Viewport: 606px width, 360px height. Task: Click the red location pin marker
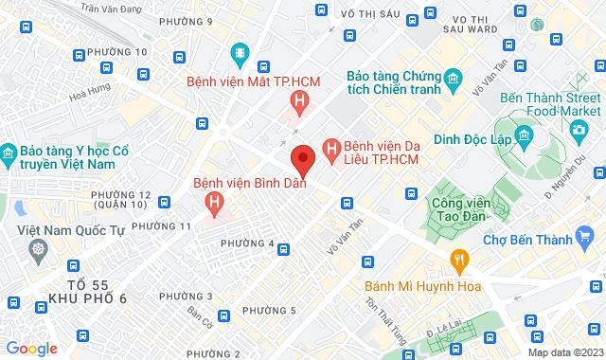302,159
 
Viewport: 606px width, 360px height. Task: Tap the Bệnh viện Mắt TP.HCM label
253,81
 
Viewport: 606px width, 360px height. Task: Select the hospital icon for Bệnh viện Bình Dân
215,202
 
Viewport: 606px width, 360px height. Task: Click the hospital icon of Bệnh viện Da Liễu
330,148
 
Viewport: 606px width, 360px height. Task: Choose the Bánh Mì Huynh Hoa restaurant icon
459,259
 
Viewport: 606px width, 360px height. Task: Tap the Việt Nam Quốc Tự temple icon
39,250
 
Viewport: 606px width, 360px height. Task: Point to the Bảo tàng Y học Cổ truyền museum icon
9,152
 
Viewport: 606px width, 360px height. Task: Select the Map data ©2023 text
564,352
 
